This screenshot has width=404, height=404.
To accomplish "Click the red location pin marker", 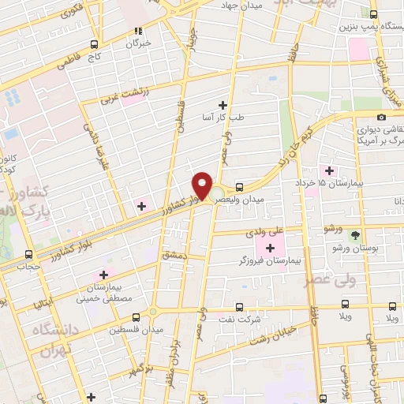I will [202, 186].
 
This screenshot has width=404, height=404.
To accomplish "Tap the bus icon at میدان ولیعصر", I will [238, 189].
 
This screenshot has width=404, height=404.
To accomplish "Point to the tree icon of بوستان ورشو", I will [355, 234].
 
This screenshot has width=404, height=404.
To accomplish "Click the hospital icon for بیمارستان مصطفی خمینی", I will [103, 275].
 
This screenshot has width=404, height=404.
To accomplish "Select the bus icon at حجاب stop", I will [29, 254].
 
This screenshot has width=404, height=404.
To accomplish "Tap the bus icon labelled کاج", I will [95, 43].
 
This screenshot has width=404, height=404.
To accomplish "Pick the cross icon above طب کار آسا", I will [223, 104].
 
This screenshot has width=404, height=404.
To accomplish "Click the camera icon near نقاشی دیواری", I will [382, 117].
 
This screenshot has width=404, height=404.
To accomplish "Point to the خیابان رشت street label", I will [271, 335].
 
